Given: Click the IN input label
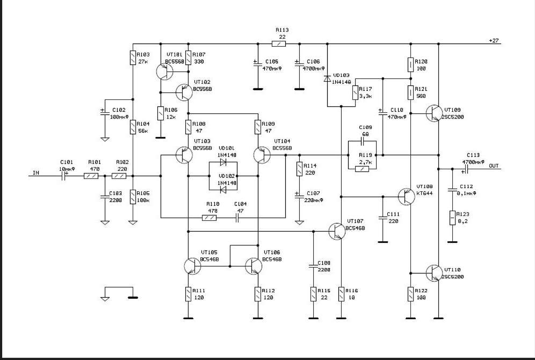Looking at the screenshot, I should click(36, 172).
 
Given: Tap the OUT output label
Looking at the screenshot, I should click(494, 165).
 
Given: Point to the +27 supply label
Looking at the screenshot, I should click(494, 41).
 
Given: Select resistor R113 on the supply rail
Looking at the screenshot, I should click(279, 44).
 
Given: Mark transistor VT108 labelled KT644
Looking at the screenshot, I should click(407, 196).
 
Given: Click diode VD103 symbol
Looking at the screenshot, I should click(327, 78).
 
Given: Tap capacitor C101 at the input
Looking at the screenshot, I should click(64, 176).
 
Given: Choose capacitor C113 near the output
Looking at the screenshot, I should click(466, 169).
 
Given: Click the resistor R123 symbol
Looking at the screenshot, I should click(453, 218).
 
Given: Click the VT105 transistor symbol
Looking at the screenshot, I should click(192, 266).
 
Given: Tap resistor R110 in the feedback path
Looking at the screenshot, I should click(209, 218).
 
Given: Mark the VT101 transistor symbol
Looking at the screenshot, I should click(163, 70).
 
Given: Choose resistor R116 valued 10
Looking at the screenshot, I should click(342, 294).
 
